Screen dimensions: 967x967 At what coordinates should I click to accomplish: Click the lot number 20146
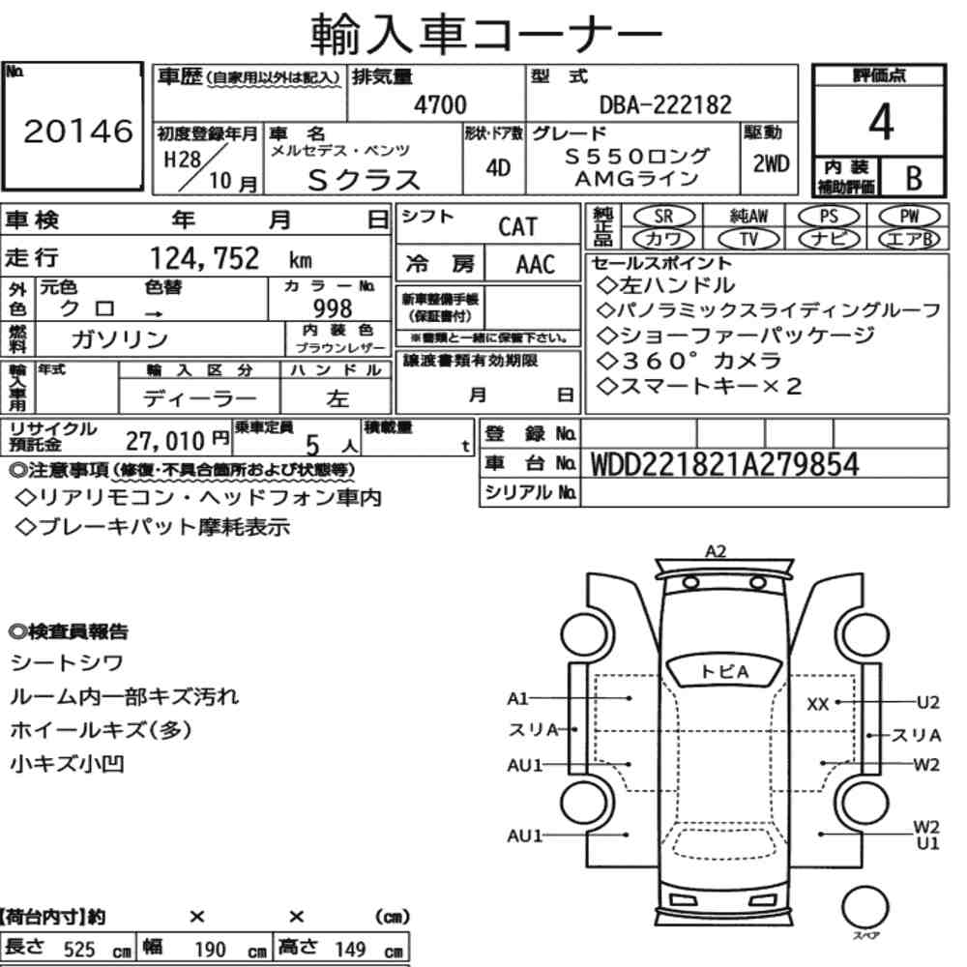[x=78, y=132]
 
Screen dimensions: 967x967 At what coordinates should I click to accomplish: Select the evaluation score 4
[x=881, y=122]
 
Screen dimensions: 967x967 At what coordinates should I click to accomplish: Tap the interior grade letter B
[x=914, y=178]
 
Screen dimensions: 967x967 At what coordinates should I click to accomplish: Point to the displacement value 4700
[x=440, y=104]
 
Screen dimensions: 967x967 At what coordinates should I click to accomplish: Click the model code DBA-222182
[x=665, y=104]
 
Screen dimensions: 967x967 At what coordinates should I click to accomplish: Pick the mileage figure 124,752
[x=205, y=258]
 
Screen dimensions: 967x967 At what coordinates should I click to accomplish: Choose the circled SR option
[x=663, y=217]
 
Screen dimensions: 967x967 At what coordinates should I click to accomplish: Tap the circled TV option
[x=748, y=239]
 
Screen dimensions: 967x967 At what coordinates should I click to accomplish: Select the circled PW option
[x=909, y=217]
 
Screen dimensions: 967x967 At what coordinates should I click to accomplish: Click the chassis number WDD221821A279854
[x=724, y=464]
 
